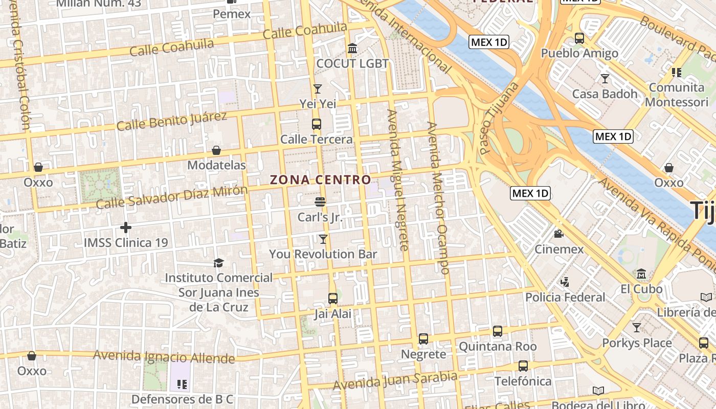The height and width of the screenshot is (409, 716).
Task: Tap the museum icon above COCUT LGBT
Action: pyautogui.click(x=352, y=49)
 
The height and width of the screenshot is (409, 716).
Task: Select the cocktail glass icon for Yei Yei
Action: pyautogui.click(x=318, y=88)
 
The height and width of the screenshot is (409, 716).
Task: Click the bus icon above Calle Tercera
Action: pyautogui.click(x=317, y=124)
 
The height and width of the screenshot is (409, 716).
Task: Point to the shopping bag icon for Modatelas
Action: pyautogui.click(x=216, y=150)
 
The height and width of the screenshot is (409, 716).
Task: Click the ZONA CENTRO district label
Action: pyautogui.click(x=320, y=180)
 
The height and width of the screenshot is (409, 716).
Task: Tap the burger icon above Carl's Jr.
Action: pyautogui.click(x=320, y=201)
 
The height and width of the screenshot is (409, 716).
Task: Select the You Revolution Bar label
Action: pyautogui.click(x=323, y=254)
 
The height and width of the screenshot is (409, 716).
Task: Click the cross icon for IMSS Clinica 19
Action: pyautogui.click(x=126, y=228)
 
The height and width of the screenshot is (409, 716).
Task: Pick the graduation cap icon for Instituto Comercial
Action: pyautogui.click(x=219, y=263)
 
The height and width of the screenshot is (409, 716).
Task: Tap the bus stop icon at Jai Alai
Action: pyautogui.click(x=333, y=298)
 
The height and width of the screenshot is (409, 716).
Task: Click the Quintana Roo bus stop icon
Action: pyautogui.click(x=498, y=331)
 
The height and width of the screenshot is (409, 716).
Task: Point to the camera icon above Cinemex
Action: pyautogui.click(x=558, y=234)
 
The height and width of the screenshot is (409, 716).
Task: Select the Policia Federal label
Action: pyautogui.click(x=565, y=297)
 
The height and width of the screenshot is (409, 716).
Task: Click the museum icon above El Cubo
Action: pyautogui.click(x=641, y=274)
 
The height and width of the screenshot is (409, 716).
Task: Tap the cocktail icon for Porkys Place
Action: pyautogui.click(x=637, y=327)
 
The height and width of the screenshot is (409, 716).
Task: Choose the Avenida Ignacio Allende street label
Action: pyautogui.click(x=164, y=356)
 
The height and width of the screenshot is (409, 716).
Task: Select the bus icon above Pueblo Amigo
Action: pyautogui.click(x=579, y=38)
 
